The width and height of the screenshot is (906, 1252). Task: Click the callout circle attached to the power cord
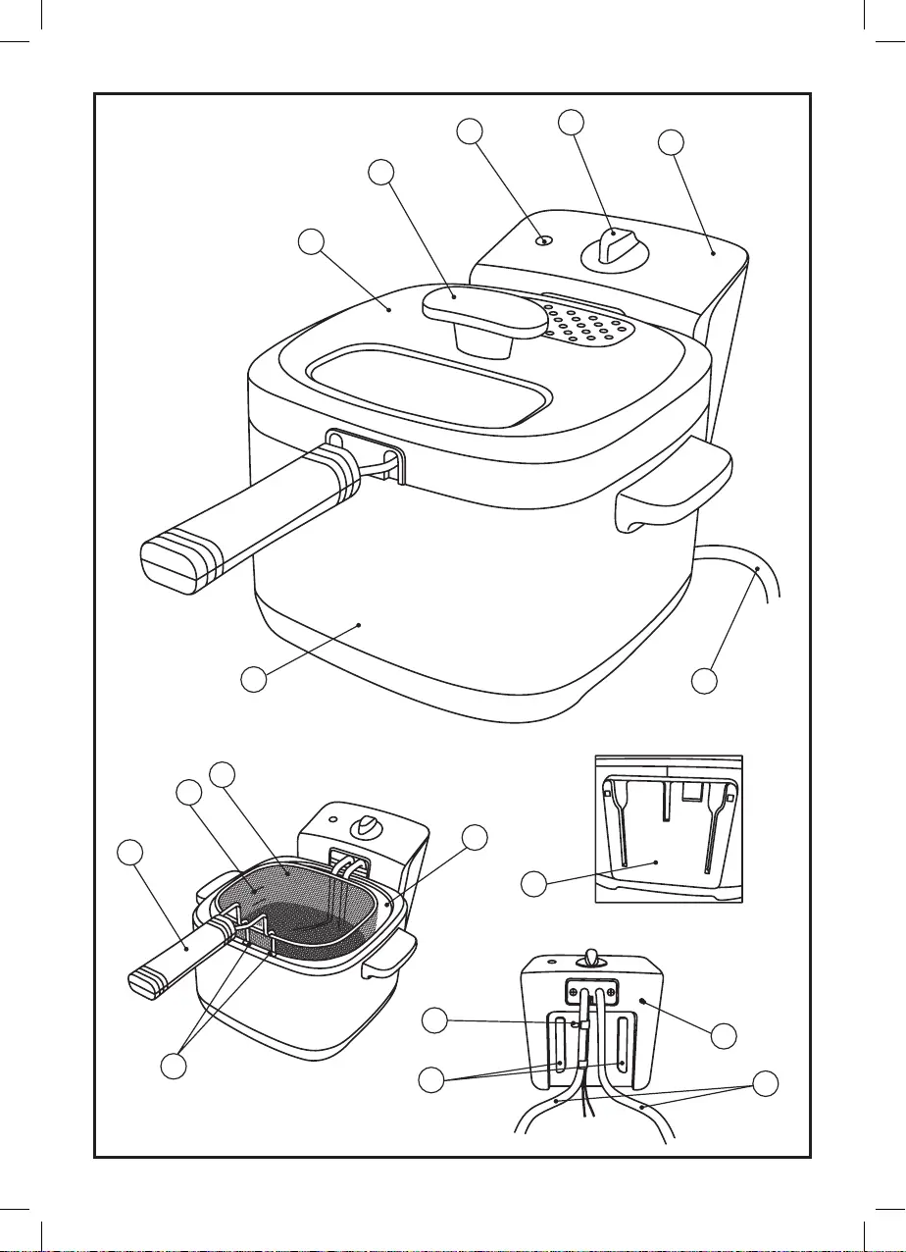[704, 679]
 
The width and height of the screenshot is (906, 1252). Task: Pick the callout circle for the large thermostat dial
[571, 122]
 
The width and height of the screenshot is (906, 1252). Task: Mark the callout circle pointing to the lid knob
[382, 172]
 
